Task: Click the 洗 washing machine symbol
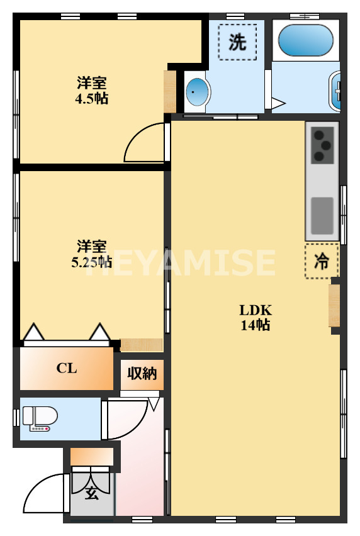click(x=237, y=42)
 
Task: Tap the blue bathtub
click(x=305, y=40)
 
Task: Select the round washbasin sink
click(x=196, y=92)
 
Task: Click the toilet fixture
click(x=40, y=418)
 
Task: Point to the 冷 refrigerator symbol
click(x=322, y=261)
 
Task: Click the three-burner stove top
click(x=322, y=145)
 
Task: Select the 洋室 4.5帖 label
click(x=92, y=90)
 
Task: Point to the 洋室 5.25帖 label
click(x=92, y=253)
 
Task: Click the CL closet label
click(x=67, y=369)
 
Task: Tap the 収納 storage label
click(x=142, y=374)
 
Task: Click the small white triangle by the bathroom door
click(x=279, y=103)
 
